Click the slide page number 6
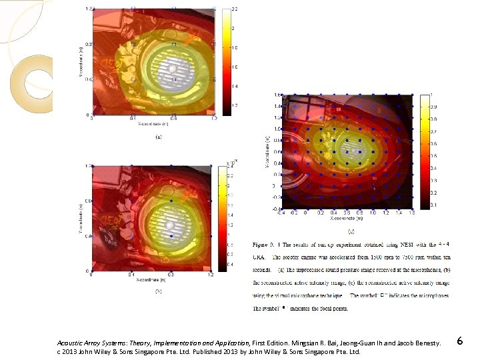coord(460,341)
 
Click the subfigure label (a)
coord(158,137)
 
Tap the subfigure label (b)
coord(158,291)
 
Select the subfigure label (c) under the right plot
coord(351,230)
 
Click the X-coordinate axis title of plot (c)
coord(349,218)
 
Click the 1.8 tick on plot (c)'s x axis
coord(412,213)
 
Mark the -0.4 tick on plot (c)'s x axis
coord(282,213)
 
